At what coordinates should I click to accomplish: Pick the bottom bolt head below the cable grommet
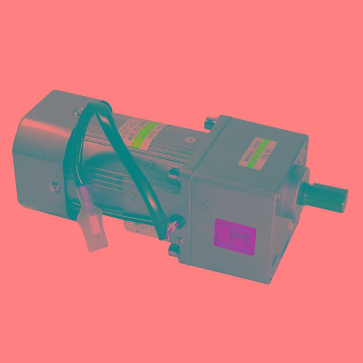click(174, 250)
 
